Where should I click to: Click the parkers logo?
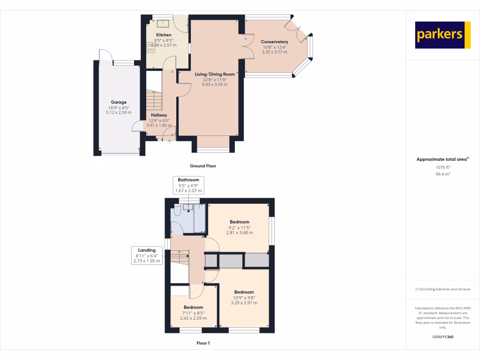(x=442, y=35)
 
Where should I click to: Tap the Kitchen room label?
(x=164, y=35)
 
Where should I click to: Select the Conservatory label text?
(x=274, y=42)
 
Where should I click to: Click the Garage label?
(x=119, y=102)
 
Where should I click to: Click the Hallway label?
(x=159, y=115)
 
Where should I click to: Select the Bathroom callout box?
(x=188, y=185)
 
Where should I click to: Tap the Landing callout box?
(x=147, y=255)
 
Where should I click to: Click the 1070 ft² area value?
(x=442, y=167)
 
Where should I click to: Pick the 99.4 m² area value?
(x=442, y=174)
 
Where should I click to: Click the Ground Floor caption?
(x=202, y=166)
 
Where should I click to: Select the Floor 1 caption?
(x=202, y=343)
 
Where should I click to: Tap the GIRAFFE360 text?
(x=442, y=337)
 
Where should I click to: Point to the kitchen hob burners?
(x=151, y=47)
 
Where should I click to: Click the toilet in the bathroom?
(x=177, y=211)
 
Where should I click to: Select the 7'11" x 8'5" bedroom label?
(x=193, y=313)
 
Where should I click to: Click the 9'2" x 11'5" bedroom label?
(x=239, y=227)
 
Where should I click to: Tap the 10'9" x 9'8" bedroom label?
(x=244, y=297)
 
